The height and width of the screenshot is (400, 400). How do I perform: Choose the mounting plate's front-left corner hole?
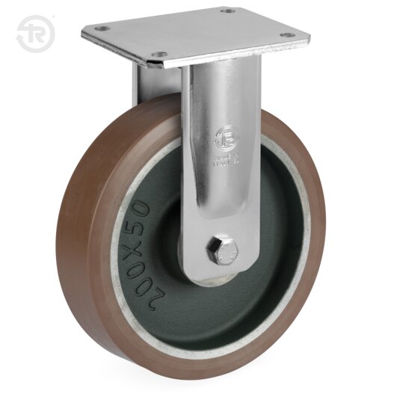tap(159, 54)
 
